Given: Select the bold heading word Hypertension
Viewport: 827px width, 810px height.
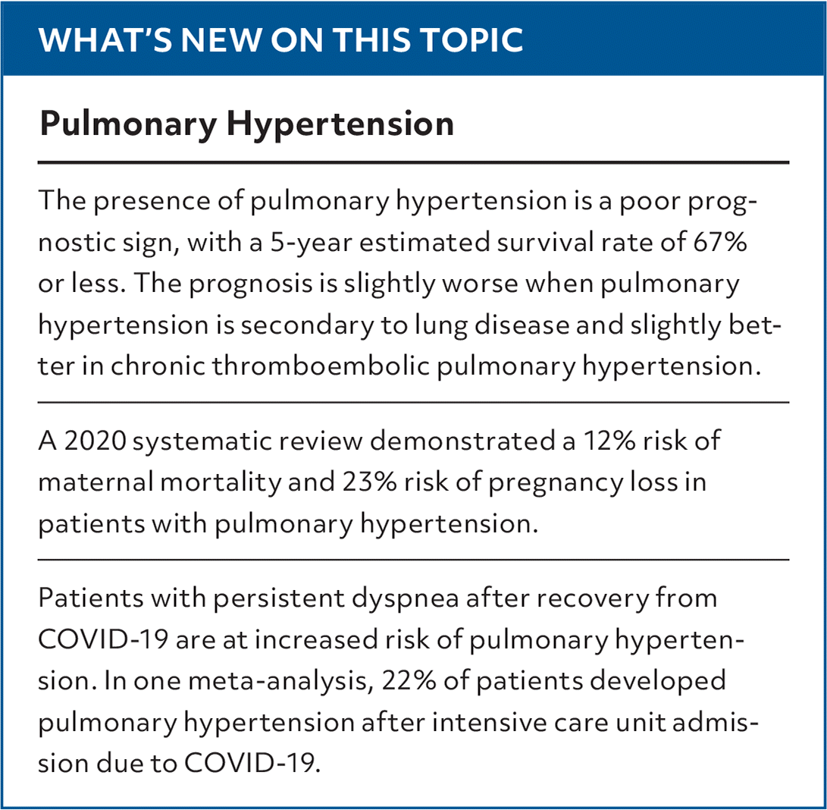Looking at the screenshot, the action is pos(340,124).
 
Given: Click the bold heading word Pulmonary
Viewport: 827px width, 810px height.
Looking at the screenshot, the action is pos(128,124).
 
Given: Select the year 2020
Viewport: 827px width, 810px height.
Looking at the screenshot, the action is pos(96,441).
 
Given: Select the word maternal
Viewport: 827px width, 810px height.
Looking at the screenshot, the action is pos(96,482).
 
